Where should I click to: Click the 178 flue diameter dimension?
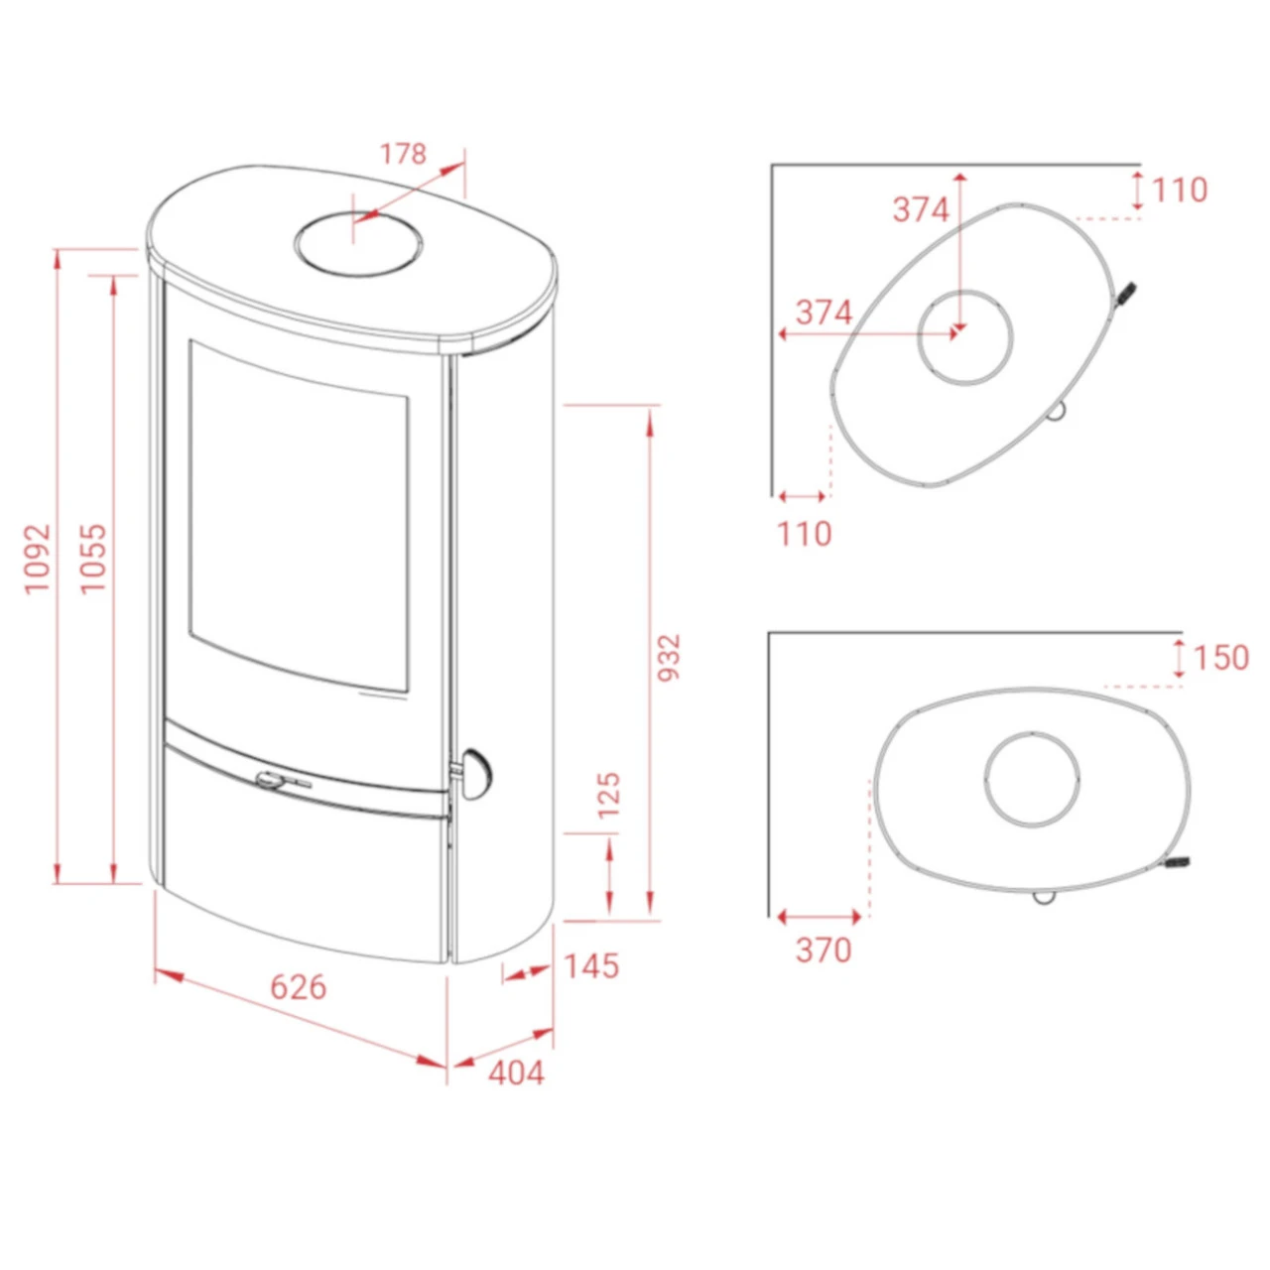(404, 154)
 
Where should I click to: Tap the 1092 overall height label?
(38, 560)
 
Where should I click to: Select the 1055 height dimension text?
(93, 559)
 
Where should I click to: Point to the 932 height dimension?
(669, 658)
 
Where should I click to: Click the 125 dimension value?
(610, 795)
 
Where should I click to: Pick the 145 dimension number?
(591, 966)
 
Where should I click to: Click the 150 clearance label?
(1220, 659)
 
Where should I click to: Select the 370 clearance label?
(824, 950)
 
